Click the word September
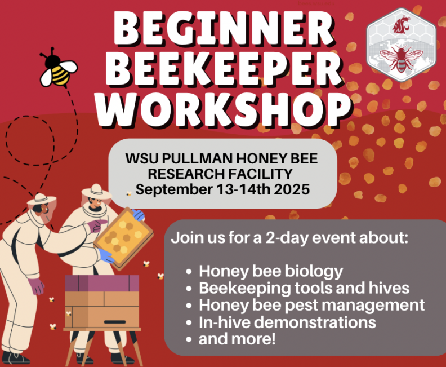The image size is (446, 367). [172, 189]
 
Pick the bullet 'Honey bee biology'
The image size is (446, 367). [270, 271]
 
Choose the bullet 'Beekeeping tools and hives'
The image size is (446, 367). [304, 288]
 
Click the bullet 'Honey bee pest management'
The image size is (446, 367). [311, 305]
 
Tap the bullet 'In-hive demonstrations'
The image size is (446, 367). [287, 322]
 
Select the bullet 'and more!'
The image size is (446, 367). [237, 339]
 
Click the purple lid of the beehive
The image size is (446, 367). [102, 282]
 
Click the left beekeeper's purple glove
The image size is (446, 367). [37, 286]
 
